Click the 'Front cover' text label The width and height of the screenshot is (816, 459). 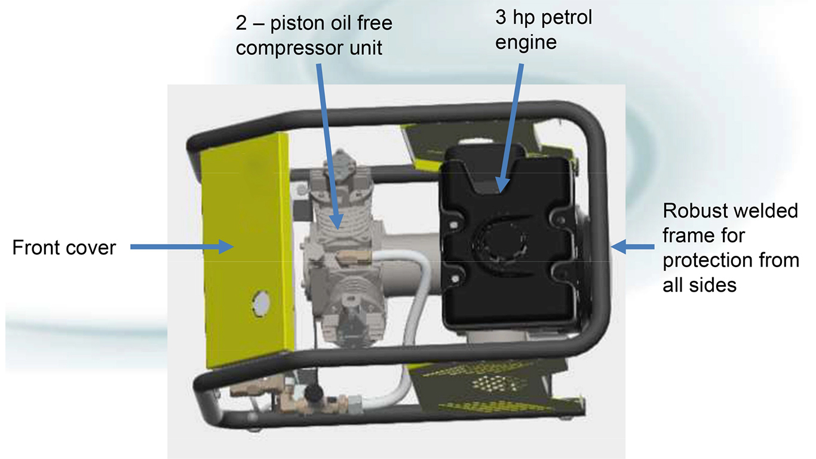click(x=64, y=247)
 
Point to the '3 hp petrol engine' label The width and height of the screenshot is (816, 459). click(x=544, y=29)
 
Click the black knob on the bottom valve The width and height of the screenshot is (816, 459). click(x=311, y=393)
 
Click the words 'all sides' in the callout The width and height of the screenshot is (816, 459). click(x=699, y=285)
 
